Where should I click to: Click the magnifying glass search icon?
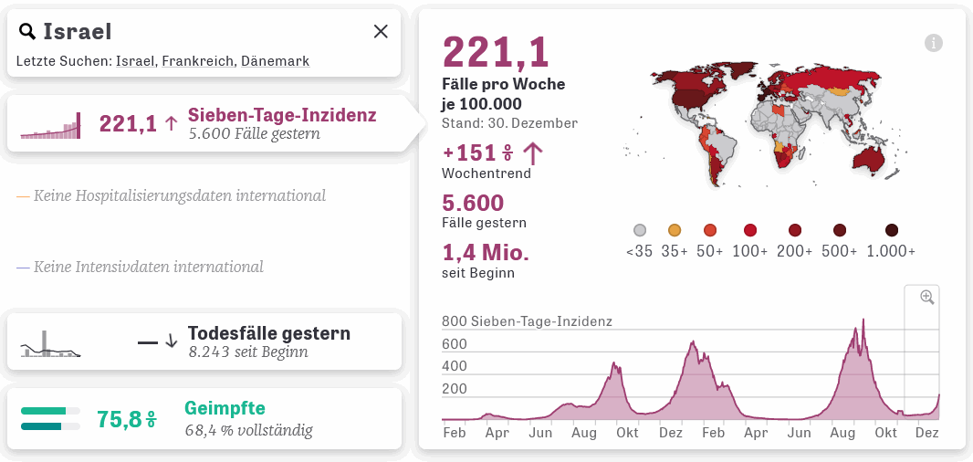point(27,32)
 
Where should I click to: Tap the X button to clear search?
point(381,32)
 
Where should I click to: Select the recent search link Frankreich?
point(196,61)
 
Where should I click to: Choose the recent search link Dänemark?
point(274,61)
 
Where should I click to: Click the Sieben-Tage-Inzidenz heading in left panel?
point(282,115)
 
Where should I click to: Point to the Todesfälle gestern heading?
point(268,333)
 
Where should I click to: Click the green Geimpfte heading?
point(225,408)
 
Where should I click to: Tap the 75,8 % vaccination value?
point(126,419)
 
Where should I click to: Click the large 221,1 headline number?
point(496,52)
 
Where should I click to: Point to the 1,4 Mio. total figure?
point(486,252)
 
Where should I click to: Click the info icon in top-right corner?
point(933,43)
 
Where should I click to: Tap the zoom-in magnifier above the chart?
point(927,297)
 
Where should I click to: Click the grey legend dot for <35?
point(640,230)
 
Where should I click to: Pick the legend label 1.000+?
point(891,251)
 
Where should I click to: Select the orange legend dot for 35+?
point(675,230)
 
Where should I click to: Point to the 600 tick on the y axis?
point(455,344)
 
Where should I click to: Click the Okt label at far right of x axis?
point(885,433)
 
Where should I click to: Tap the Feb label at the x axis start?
point(454,433)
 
